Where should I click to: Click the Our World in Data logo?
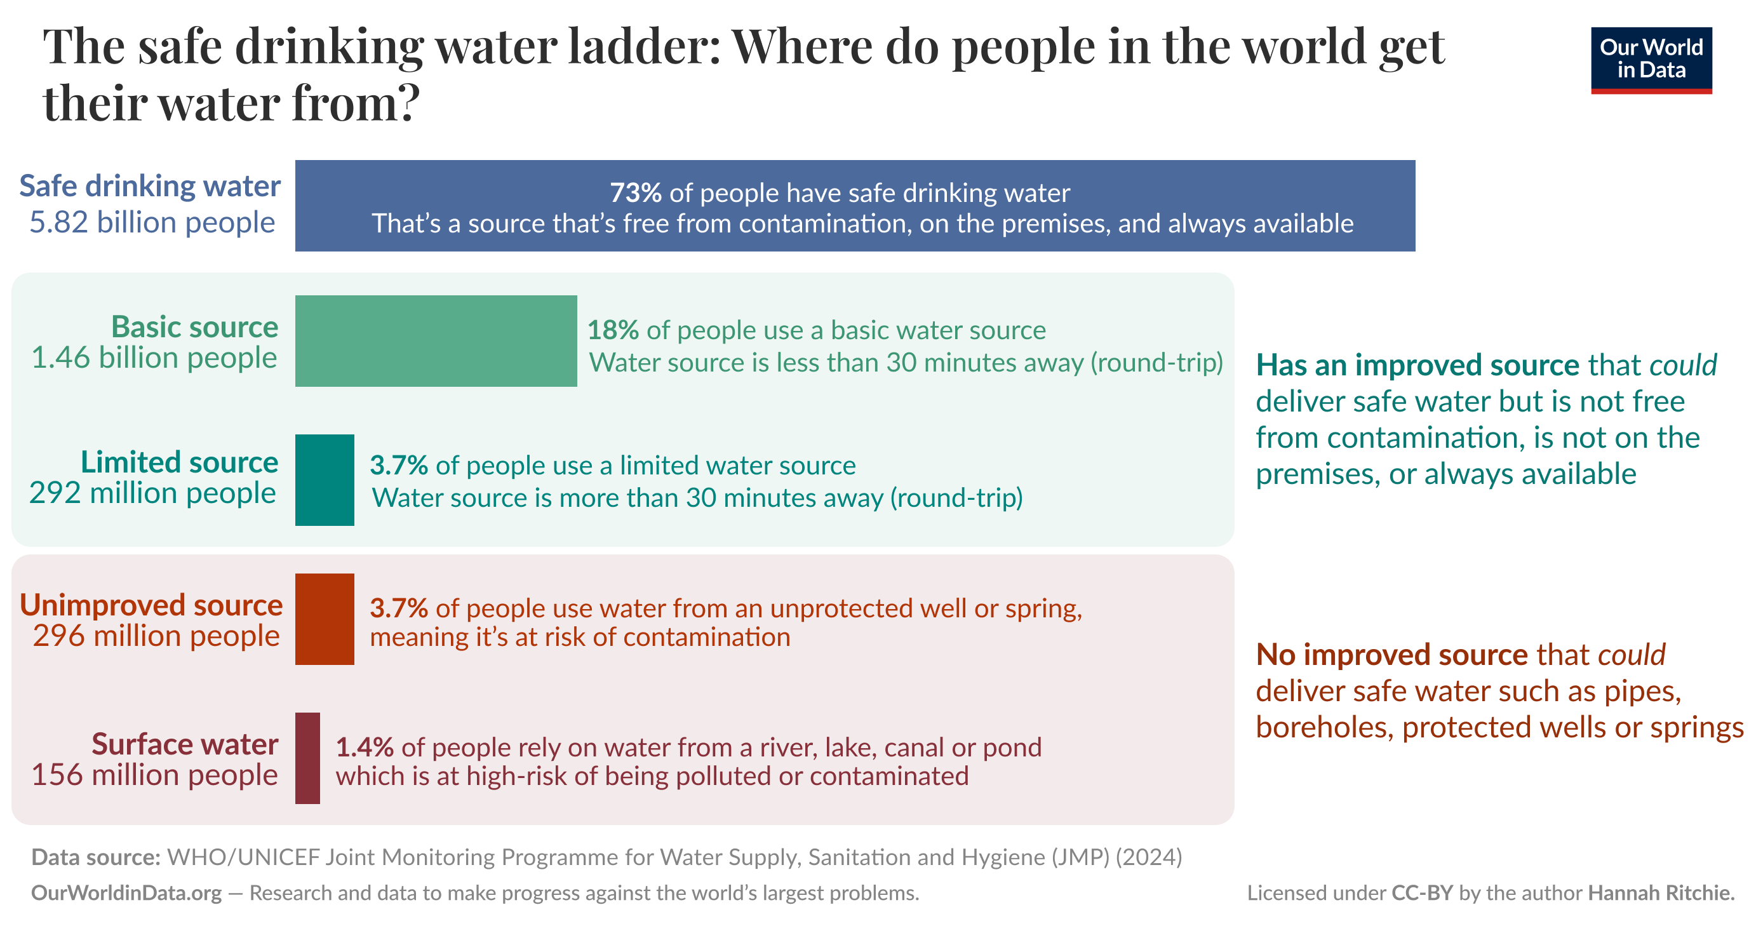1651,60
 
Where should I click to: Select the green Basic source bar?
435,341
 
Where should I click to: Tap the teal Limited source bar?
325,480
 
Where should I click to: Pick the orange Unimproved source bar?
325,619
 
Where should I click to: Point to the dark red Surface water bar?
307,758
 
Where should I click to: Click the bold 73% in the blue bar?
635,193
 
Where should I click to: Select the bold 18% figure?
612,330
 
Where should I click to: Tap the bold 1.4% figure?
364,747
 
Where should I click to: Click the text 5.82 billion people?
151,223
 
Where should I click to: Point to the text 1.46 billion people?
154,358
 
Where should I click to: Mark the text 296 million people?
156,636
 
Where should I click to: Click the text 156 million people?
154,775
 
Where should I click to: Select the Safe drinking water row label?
149,186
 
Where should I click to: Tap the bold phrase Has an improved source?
1417,365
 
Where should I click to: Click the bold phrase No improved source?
1391,654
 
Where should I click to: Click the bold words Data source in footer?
95,857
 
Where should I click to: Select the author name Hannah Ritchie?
1661,892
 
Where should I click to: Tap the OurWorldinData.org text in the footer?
126,892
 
